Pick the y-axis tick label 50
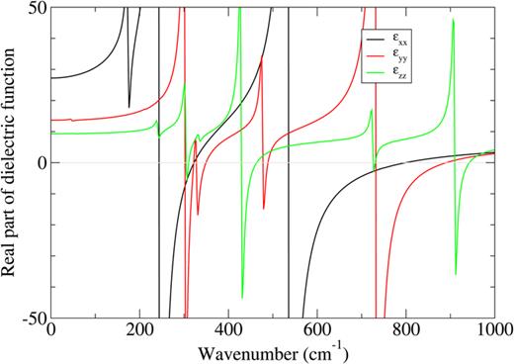[35, 8]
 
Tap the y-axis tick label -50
[32, 318]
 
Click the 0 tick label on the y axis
[39, 163]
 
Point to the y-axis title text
[11, 163]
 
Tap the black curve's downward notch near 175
[129, 106]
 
